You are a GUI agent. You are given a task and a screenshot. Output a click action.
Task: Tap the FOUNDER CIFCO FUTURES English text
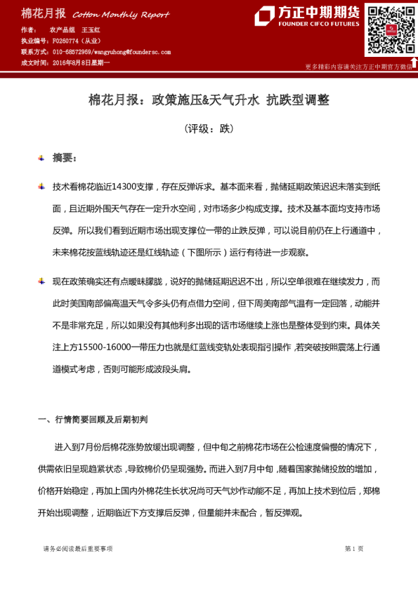point(319,24)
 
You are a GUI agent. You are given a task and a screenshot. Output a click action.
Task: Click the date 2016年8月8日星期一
point(81,62)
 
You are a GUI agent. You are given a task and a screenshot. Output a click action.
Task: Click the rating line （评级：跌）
point(209,129)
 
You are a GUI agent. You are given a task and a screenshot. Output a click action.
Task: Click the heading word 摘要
point(64,158)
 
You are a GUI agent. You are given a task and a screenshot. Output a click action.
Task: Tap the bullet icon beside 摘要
point(41,158)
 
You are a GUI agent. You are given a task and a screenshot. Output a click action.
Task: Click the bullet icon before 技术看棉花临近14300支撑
point(41,187)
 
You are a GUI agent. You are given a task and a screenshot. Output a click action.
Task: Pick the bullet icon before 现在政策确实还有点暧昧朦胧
point(41,281)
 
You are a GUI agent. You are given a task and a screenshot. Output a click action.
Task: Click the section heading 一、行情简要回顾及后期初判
point(92,420)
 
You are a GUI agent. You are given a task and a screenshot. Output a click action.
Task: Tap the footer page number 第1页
point(354,549)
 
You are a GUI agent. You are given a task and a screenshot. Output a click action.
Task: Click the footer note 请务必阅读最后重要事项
point(77,549)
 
